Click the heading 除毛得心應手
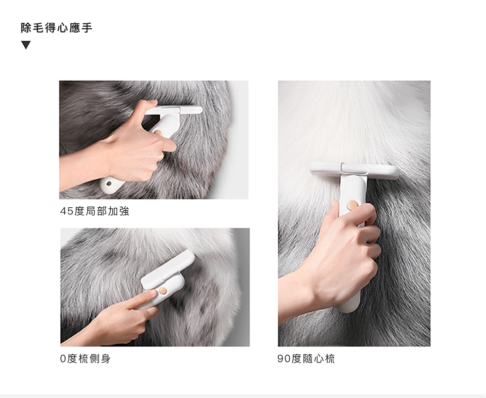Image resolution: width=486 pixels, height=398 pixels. [57, 28]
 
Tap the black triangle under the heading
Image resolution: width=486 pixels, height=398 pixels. [26, 45]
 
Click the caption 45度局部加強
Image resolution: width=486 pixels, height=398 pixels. [95, 211]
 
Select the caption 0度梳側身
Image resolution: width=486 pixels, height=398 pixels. [85, 359]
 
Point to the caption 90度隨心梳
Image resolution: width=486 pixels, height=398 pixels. [306, 359]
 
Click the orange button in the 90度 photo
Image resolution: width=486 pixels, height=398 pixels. [352, 204]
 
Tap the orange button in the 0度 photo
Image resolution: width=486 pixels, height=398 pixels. [163, 291]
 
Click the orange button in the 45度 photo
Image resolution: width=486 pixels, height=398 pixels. [158, 133]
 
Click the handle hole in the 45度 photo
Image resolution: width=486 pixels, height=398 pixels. [108, 183]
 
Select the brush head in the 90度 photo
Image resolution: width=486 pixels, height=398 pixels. [354, 170]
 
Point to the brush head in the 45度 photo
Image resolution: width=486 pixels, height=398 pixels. [174, 110]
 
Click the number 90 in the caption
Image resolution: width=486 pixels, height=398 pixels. [284, 359]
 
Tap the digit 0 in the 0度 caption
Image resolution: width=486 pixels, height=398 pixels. [63, 359]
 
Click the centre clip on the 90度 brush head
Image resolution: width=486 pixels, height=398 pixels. [354, 168]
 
